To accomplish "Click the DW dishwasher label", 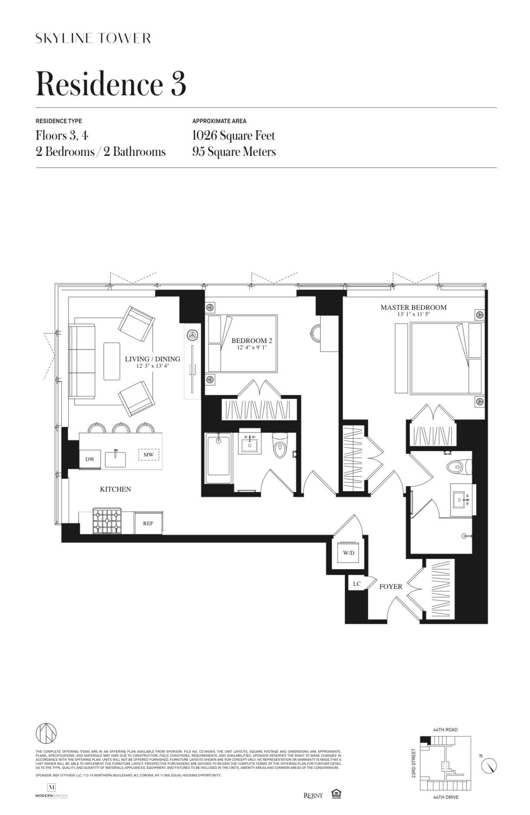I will (90, 459).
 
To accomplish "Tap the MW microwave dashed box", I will (148, 455).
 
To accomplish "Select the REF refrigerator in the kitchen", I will (148, 523).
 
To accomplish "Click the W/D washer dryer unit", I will (348, 553).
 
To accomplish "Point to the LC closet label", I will (357, 584).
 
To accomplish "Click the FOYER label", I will (390, 587).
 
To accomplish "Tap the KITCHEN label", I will (115, 489).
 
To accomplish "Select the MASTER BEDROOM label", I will (413, 307).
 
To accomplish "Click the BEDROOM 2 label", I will (252, 341).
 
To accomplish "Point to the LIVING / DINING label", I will (152, 359).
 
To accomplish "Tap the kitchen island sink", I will (115, 459).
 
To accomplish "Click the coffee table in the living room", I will (111, 361).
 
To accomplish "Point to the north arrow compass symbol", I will (489, 766).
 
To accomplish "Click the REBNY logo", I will (313, 795).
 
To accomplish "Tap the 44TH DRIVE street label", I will (445, 797).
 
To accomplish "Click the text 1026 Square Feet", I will (233, 136).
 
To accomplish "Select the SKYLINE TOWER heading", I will (93, 38).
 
